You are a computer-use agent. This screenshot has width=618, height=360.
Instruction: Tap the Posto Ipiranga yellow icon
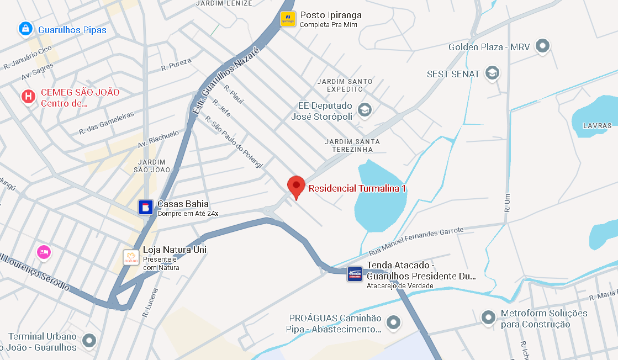click(x=288, y=19)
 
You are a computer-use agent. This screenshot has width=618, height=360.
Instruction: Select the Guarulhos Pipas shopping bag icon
click(x=25, y=29)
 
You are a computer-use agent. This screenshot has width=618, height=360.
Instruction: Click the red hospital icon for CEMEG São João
click(x=28, y=97)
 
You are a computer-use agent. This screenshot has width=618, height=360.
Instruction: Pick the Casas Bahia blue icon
click(x=146, y=208)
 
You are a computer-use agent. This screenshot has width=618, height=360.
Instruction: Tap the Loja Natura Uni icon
click(x=131, y=257)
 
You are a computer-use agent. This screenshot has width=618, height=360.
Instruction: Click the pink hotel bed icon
click(x=44, y=252)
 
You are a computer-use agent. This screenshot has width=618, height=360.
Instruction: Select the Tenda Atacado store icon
click(x=355, y=274)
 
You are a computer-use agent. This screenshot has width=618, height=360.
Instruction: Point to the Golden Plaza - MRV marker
click(x=543, y=46)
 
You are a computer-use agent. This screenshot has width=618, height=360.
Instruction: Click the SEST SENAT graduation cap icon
click(x=492, y=73)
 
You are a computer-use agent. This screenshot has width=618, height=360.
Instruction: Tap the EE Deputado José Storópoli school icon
click(x=364, y=110)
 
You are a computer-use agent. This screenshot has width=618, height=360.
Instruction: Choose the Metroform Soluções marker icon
click(x=488, y=317)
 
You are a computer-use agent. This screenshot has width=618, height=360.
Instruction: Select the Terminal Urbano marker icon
click(x=89, y=341)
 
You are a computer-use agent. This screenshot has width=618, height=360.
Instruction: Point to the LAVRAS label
click(x=597, y=126)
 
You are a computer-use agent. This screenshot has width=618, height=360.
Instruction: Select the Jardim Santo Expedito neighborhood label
click(x=345, y=85)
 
